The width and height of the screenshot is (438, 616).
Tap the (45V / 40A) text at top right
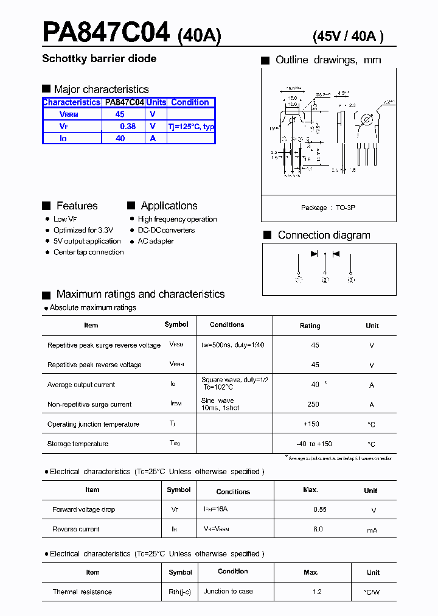(348, 37)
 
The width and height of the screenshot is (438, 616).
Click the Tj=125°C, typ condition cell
(191, 126)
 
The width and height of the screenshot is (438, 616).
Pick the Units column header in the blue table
(156, 102)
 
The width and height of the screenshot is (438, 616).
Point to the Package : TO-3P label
(328, 208)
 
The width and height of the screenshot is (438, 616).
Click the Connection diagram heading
(324, 235)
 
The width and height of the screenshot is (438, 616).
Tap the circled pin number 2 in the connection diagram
(325, 280)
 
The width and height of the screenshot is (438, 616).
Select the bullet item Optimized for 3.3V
(83, 230)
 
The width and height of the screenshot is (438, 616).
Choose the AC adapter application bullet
(156, 241)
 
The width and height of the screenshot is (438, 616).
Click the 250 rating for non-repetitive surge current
(313, 404)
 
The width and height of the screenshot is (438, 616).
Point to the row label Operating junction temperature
(93, 424)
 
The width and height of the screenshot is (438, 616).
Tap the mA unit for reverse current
(372, 530)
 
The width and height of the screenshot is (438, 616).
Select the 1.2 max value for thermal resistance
(316, 592)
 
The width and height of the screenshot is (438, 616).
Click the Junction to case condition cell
(228, 591)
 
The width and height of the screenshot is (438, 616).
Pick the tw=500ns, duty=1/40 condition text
(232, 345)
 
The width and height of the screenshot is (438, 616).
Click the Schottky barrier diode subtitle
(99, 59)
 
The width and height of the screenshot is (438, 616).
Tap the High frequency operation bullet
(177, 219)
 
